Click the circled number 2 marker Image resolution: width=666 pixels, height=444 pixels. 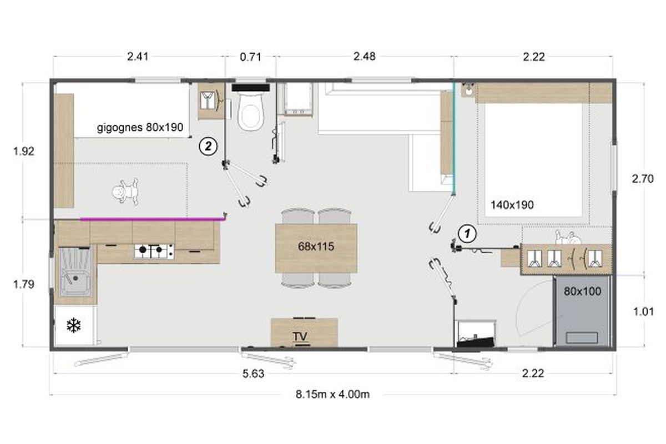[x=208, y=147]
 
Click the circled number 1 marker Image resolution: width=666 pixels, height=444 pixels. [x=467, y=233]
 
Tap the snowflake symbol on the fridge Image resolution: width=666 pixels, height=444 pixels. [x=73, y=325]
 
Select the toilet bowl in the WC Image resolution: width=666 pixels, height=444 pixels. [x=251, y=110]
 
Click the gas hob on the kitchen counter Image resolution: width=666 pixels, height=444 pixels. [x=154, y=251]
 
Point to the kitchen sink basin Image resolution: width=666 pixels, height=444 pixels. [x=75, y=271]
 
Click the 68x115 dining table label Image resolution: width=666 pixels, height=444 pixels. [x=316, y=246]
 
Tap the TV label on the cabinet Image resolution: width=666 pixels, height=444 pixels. [x=300, y=336]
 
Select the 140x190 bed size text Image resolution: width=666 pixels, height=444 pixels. [x=512, y=205]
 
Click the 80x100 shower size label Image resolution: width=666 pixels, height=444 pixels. [x=582, y=291]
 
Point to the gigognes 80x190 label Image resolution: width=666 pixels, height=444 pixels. [x=140, y=128]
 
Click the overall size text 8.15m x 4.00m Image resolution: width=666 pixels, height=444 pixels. [x=332, y=395]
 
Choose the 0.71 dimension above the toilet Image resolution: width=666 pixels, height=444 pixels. [x=251, y=57]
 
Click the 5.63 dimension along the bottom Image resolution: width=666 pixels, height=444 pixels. [x=253, y=374]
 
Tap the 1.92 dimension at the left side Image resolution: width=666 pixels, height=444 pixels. [x=24, y=152]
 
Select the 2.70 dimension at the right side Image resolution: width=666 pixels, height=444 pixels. [x=643, y=179]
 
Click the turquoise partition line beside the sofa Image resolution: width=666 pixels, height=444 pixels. [x=454, y=138]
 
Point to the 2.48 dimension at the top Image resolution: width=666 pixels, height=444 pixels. [x=365, y=57]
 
